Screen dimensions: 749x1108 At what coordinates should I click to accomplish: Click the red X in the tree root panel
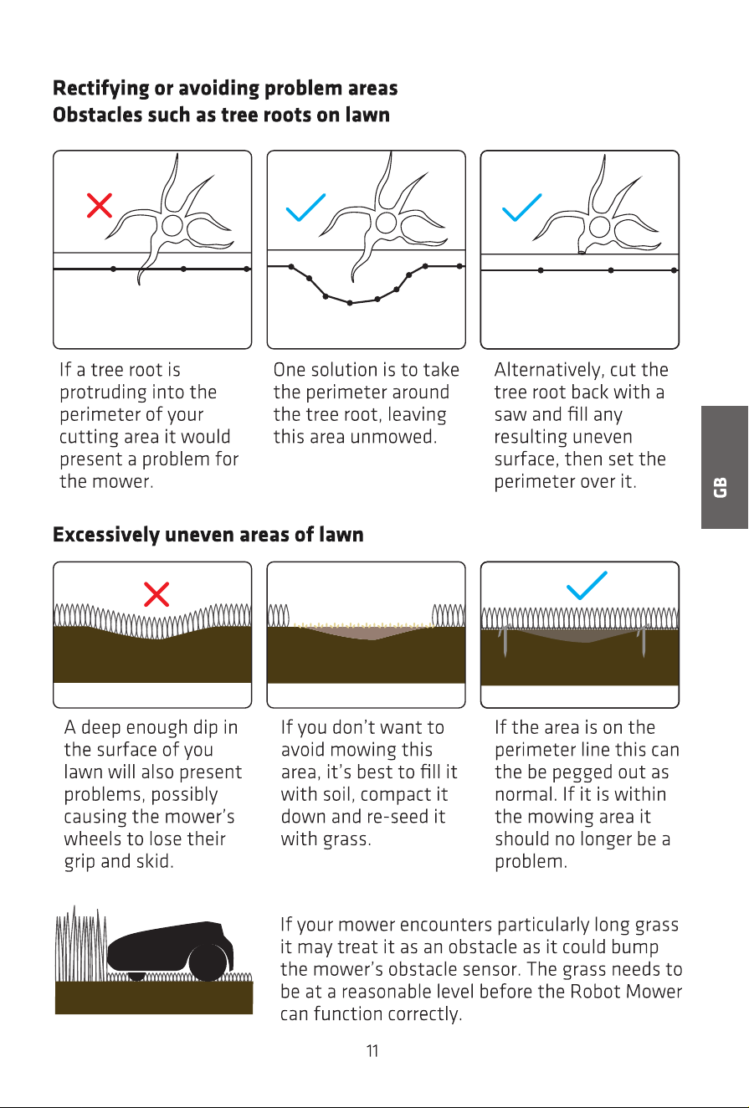(100, 205)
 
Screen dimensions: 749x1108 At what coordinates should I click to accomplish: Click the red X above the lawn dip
(156, 594)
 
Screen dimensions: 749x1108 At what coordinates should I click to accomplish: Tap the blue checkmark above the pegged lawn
(587, 586)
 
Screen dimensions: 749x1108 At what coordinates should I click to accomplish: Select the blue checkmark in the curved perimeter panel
(305, 208)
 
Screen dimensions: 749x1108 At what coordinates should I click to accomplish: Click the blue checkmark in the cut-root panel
(522, 208)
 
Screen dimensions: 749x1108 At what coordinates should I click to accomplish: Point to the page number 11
(372, 1050)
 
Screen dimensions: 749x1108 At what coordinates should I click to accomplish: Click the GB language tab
(724, 468)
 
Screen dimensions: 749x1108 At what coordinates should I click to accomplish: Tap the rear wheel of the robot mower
(208, 962)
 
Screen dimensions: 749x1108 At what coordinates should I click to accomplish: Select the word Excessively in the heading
(106, 535)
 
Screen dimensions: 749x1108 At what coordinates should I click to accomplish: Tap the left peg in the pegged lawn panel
(505, 640)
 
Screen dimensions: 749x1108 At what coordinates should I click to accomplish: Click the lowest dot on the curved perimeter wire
(350, 303)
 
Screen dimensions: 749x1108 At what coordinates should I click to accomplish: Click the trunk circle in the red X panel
(172, 226)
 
